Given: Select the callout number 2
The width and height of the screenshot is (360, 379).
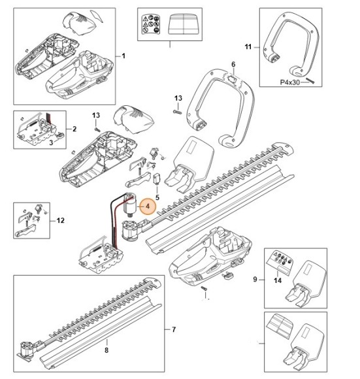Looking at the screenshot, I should (74, 129).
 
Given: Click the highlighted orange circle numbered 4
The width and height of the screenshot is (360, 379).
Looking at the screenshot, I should (148, 206).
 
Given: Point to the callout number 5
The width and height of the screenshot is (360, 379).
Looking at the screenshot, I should (157, 197).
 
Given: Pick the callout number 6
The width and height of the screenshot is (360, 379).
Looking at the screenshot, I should (233, 64).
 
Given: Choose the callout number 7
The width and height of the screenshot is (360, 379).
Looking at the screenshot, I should (174, 329).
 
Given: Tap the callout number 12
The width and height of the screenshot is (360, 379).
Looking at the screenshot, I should (60, 221).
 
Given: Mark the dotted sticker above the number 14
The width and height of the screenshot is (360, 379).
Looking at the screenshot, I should (280, 259).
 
